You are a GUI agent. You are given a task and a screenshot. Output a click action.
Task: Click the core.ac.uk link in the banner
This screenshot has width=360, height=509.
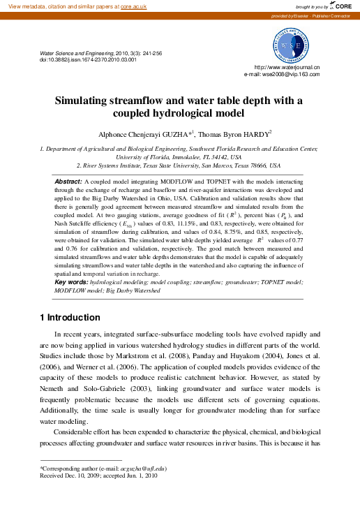tap(134, 6)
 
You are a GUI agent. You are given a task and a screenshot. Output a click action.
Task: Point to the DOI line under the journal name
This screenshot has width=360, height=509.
tap(88, 59)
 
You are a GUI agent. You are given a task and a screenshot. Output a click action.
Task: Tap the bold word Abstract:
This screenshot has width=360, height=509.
tap(68, 181)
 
